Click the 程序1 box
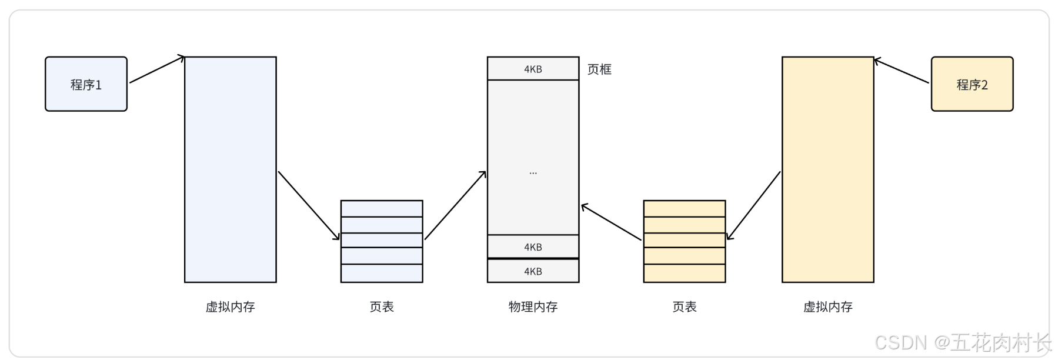click(x=86, y=84)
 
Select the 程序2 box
click(x=971, y=84)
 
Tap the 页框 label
click(x=599, y=69)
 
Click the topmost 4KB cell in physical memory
click(x=533, y=69)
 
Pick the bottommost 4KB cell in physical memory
click(x=533, y=271)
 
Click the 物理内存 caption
click(x=533, y=306)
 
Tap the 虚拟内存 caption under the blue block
click(x=230, y=306)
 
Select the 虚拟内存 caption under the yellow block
click(x=827, y=306)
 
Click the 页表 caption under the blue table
click(x=382, y=306)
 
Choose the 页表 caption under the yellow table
click(x=684, y=306)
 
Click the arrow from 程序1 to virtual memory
click(x=156, y=69)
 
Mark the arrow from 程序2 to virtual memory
click(x=902, y=71)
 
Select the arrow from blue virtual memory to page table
click(x=308, y=205)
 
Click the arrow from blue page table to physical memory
click(x=455, y=205)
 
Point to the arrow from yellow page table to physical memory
click(x=611, y=222)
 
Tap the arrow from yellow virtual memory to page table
click(x=754, y=205)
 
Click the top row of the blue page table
click(x=382, y=209)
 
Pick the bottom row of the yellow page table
click(x=684, y=274)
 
